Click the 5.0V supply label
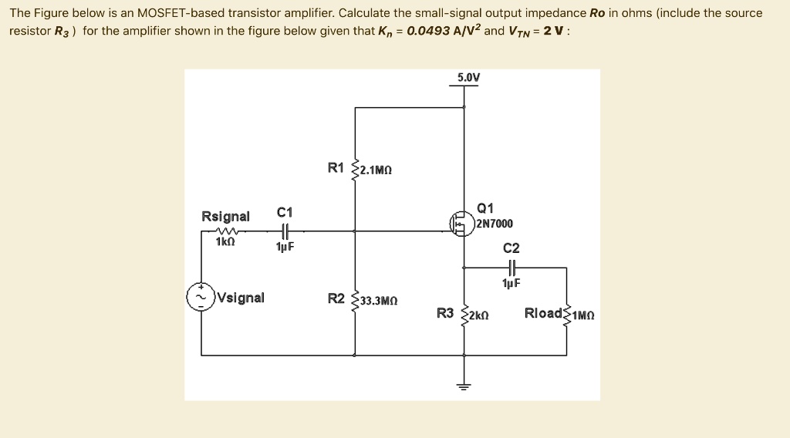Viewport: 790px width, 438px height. pos(468,78)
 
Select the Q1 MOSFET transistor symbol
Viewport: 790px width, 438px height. pos(461,224)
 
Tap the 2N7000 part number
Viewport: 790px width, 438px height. pos(495,224)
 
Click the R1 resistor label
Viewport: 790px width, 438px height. pos(336,167)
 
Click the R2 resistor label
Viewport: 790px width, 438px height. pos(336,298)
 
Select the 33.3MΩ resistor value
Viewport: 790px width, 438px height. pos(379,301)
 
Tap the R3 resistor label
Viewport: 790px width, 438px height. pos(445,313)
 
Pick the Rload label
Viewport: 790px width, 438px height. pos(543,313)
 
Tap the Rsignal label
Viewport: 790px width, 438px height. pos(225,216)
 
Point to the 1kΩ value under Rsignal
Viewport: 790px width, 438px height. pos(225,241)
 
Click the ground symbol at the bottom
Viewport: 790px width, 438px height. pos(464,386)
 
